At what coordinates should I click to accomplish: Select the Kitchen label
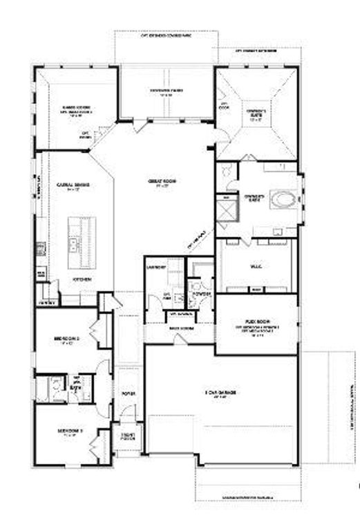[x=81, y=279]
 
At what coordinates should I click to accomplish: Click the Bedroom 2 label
[x=68, y=340]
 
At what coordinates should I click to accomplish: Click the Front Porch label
[x=128, y=436]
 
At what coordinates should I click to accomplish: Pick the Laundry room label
[x=153, y=266]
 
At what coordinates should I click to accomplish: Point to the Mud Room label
[x=180, y=327]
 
